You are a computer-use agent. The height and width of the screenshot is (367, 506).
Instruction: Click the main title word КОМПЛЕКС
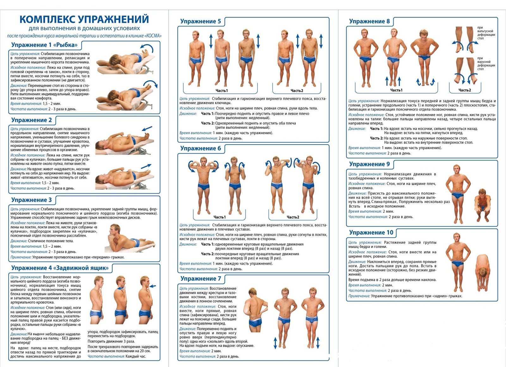(x=47, y=19)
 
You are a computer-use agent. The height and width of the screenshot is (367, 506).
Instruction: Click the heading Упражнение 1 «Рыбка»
(x=44, y=45)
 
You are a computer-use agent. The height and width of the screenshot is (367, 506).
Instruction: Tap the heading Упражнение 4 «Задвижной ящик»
(x=60, y=268)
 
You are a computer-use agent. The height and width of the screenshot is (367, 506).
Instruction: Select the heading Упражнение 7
(x=201, y=279)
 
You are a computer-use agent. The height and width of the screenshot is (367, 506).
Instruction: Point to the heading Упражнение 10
(x=371, y=233)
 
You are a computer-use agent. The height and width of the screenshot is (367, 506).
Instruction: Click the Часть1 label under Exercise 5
(x=222, y=90)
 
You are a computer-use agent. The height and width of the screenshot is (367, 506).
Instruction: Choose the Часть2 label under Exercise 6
(x=293, y=217)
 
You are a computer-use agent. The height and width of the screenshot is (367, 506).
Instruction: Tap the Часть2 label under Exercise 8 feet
(x=465, y=90)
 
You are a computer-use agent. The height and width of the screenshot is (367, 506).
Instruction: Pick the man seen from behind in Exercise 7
(x=255, y=310)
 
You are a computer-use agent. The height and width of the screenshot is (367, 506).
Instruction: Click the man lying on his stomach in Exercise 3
(x=130, y=239)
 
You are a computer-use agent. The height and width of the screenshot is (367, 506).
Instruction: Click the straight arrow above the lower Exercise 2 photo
(x=146, y=166)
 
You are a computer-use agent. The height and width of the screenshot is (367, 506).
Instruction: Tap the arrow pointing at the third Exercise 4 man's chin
(x=153, y=286)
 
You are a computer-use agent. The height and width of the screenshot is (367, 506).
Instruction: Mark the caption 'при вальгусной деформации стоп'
(x=486, y=33)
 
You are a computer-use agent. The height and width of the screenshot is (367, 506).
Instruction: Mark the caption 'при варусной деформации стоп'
(x=486, y=64)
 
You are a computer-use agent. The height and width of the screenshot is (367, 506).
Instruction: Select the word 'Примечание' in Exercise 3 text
(x=21, y=257)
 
